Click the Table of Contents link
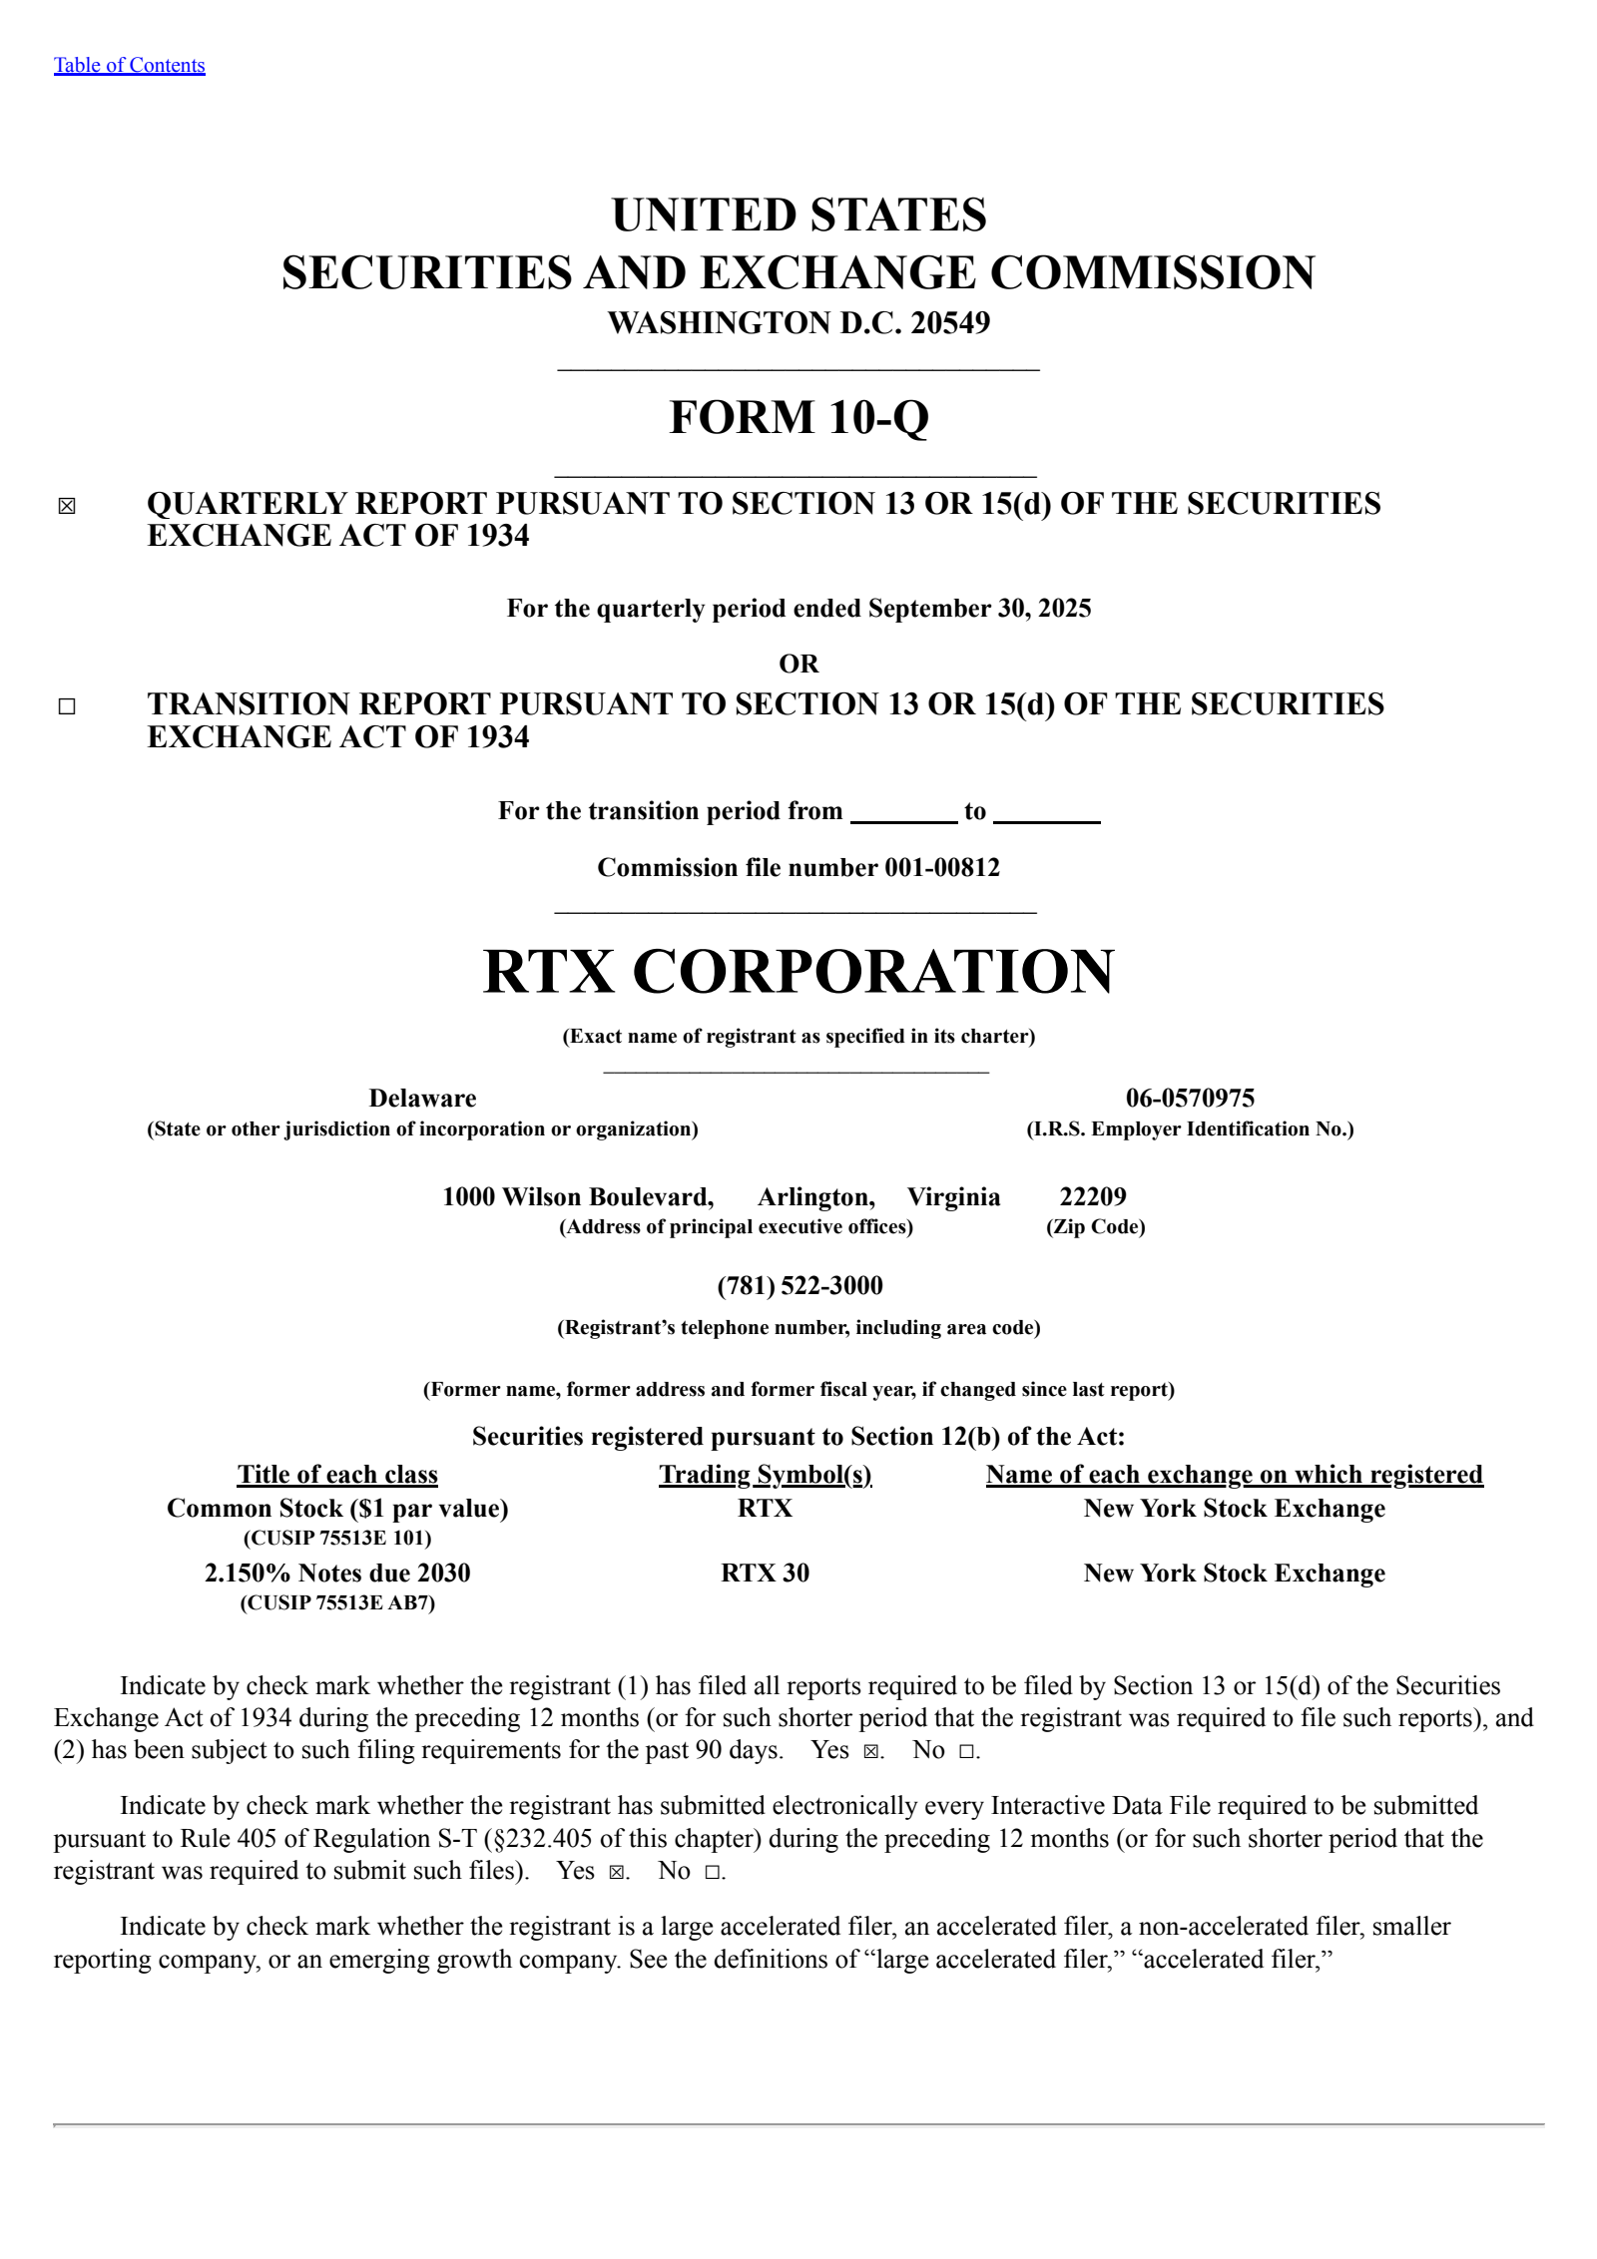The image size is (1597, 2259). [x=129, y=66]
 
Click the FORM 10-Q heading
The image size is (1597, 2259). [x=798, y=417]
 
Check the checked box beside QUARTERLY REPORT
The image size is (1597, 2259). [x=67, y=506]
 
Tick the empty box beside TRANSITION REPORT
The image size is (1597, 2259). [x=67, y=706]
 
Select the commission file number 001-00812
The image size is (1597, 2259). [x=941, y=868]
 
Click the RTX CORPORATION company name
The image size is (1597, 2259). [x=798, y=971]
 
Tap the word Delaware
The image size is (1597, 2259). [x=422, y=1099]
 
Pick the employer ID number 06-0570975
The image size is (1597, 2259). [x=1190, y=1099]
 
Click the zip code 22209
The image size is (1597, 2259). [x=1093, y=1197]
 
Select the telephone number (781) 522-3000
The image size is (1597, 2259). [x=799, y=1286]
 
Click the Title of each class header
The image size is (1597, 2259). [x=337, y=1475]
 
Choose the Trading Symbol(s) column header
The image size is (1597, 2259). [x=765, y=1475]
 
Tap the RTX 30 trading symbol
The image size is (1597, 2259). [x=765, y=1574]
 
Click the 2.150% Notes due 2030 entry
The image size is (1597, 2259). [x=337, y=1574]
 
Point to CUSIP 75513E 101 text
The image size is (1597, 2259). [x=337, y=1538]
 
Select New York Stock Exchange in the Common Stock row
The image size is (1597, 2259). [x=1234, y=1509]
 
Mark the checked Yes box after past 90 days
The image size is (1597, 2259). [x=870, y=1751]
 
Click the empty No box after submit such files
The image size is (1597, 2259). [x=712, y=1872]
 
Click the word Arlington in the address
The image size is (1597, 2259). [x=815, y=1197]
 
